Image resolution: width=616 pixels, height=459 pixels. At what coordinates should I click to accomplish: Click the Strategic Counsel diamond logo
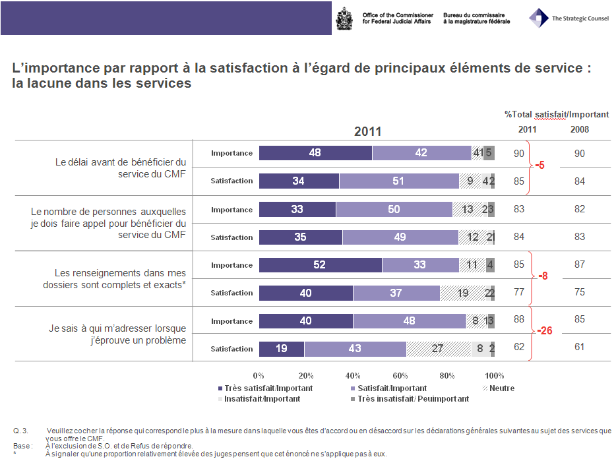coord(539,17)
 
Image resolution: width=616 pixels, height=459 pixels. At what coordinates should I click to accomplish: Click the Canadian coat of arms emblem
coord(344,18)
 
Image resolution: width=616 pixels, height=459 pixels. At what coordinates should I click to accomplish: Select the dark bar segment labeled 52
coord(320,265)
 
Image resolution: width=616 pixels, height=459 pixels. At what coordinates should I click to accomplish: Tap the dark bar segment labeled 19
coord(282,349)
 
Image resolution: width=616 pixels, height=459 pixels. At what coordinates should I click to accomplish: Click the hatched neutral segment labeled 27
coord(438,349)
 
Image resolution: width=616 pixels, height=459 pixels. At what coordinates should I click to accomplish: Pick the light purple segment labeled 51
coord(398,181)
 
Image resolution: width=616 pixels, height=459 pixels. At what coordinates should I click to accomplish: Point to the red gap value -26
coord(545,331)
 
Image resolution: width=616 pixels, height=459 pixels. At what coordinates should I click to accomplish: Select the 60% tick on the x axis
coord(400,376)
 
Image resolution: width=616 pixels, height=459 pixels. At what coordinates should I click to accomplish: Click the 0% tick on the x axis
coord(259,376)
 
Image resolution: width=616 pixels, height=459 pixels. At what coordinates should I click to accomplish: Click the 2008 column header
coord(579,129)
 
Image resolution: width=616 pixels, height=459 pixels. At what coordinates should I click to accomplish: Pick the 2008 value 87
coord(579,264)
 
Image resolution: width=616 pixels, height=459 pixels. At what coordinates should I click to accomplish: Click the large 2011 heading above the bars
coord(367,131)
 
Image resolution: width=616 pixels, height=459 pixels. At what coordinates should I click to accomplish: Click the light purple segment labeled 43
coord(355,349)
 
